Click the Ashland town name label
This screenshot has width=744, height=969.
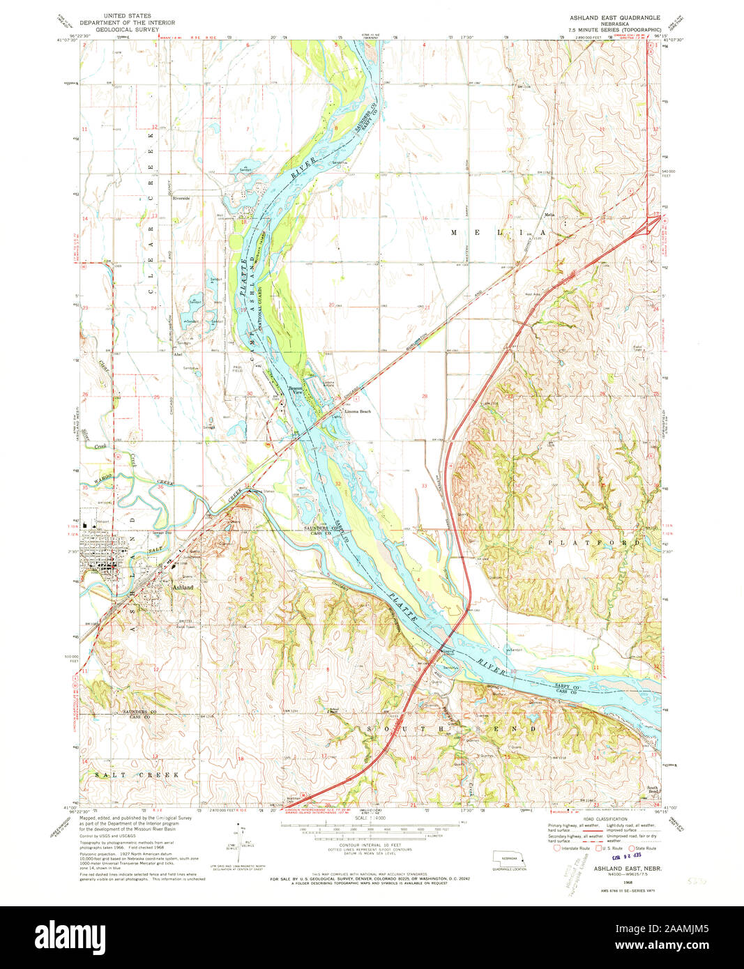183,588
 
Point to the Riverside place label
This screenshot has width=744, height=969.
181,199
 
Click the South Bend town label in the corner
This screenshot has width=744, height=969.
653,790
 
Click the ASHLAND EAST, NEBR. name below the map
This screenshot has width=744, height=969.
627,869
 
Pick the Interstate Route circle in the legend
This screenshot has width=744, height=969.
556,848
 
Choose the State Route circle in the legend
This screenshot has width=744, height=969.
632,848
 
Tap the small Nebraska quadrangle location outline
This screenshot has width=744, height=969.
510,858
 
